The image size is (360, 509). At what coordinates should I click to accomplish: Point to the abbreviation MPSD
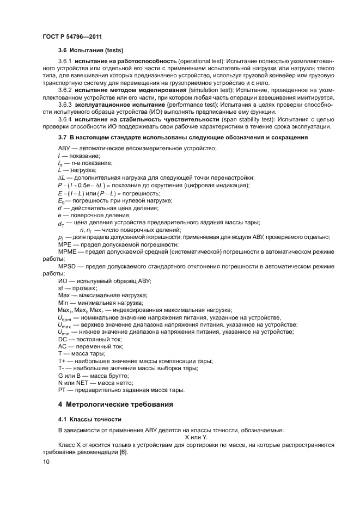66,267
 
